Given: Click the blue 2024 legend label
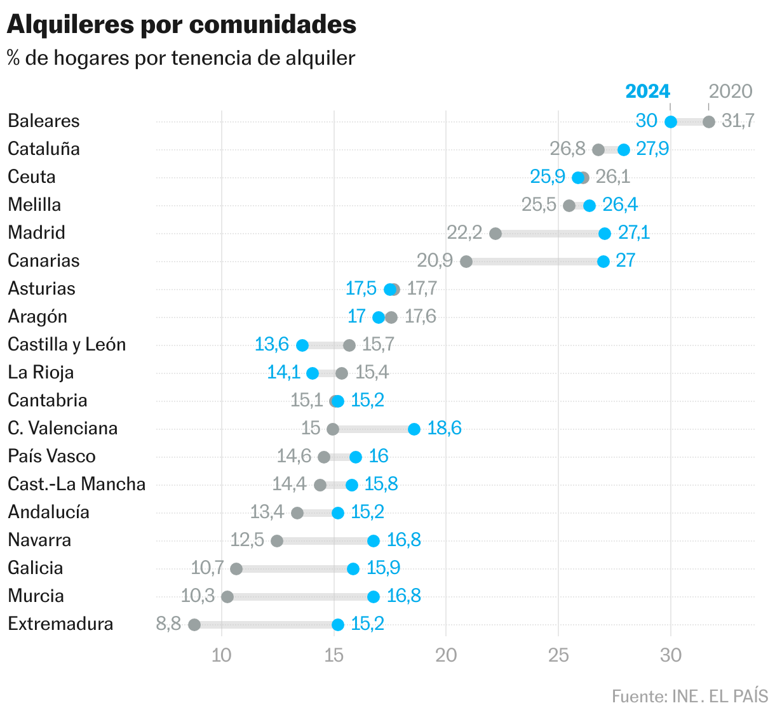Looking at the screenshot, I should coord(647,91).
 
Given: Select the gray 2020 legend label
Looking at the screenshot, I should coord(730,91).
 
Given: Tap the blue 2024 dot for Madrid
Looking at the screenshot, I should coord(605,234).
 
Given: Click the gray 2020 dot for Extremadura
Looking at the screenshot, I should coord(194,625).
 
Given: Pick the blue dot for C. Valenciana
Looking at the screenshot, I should coord(414,429).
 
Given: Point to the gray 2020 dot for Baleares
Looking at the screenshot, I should coord(709,122).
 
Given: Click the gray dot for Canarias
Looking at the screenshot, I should coord(466,262).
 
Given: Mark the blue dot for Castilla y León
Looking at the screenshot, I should coord(302,345).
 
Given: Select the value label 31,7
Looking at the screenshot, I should coord(738,121).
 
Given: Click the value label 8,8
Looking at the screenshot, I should coord(168,624).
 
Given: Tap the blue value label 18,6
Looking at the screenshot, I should coord(444,428).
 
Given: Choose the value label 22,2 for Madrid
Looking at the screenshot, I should coord(464,232).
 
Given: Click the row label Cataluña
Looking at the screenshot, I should coord(44,149).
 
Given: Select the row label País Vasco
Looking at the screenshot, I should coord(51,456).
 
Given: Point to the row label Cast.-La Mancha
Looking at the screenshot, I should coord(76,484).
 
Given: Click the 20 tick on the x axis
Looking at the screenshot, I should coord(446,655).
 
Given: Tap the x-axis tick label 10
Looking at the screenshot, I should coord(221,655).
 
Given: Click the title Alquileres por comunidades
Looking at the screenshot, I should coord(181,25).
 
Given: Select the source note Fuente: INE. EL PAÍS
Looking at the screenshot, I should coord(690,696).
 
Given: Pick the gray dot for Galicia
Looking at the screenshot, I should coord(236,569).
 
